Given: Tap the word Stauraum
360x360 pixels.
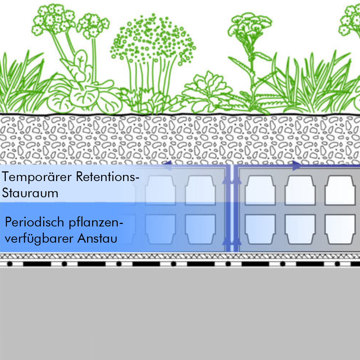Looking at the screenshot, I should tap(30, 193).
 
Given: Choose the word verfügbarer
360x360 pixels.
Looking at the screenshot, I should tap(40, 239).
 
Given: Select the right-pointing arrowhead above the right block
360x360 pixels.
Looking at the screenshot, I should tap(297, 166).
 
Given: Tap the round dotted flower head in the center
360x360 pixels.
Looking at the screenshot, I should tap(153, 40).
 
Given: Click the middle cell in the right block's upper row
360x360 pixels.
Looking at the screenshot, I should tap(300, 190).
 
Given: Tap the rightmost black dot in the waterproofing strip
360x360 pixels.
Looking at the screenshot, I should tap(337, 264).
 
